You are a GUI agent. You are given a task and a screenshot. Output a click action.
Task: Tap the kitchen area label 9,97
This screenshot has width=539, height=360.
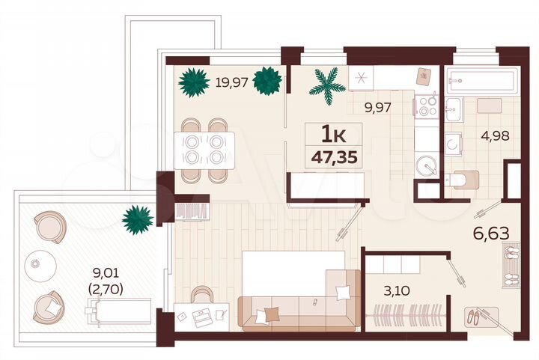click(378, 107)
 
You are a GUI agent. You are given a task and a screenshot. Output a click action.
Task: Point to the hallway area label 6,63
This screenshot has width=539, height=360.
click(491, 233)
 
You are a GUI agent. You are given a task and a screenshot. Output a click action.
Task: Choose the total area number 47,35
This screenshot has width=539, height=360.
click(334, 158)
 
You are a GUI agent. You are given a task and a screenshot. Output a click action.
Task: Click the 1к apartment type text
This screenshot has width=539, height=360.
click(333, 135)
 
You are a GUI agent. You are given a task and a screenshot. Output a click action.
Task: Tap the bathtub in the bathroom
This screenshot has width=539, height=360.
click(480, 80)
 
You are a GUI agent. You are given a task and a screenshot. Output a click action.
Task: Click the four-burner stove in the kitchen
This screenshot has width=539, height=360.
click(427, 107)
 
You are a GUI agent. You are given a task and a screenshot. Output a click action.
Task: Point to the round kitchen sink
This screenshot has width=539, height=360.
click(427, 165)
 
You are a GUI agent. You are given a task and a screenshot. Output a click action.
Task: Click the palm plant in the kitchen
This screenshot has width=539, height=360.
click(327, 85)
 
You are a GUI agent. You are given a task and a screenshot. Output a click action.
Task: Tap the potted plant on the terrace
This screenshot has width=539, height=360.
click(138, 219)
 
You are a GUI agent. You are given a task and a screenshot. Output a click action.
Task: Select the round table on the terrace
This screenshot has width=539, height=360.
click(37, 263)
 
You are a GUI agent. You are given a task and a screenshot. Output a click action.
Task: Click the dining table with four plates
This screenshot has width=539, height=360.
click(204, 150)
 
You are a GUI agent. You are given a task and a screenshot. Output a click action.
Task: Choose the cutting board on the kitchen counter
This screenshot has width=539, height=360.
click(424, 77)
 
